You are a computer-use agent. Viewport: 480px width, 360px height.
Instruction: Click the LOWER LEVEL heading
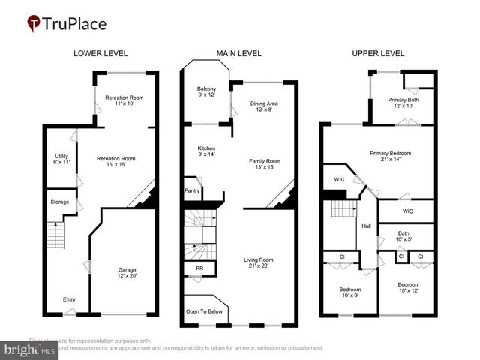point(100,53)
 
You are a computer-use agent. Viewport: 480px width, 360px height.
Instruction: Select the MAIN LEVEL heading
point(238,53)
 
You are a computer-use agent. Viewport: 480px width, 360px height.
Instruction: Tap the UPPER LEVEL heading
point(378,53)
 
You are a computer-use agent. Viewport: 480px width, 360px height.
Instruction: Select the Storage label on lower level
point(59,202)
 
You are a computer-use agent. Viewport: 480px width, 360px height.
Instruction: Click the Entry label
point(69,300)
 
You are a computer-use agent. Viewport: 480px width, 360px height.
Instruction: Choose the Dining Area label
point(263,105)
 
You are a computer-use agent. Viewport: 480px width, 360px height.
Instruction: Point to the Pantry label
point(191,191)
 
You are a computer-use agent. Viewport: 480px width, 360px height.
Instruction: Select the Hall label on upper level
point(367,225)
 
